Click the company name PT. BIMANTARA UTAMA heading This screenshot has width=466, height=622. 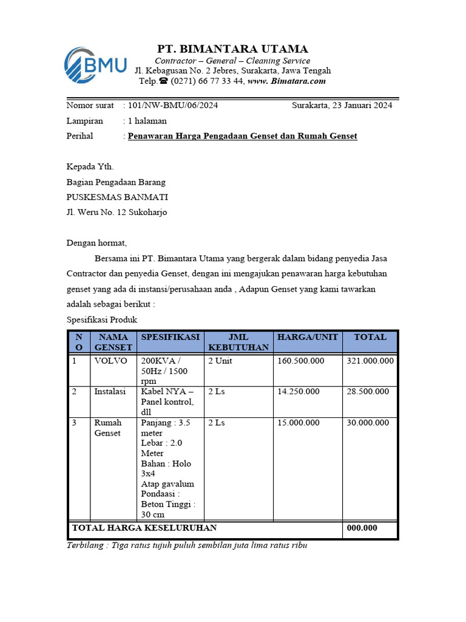pyautogui.click(x=232, y=49)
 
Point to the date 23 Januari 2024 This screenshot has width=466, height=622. pyautogui.click(x=361, y=105)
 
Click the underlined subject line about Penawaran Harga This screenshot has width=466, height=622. pyautogui.click(x=242, y=136)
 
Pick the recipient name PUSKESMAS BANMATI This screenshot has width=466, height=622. pyautogui.click(x=117, y=197)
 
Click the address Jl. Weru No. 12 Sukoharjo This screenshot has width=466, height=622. pyautogui.click(x=116, y=212)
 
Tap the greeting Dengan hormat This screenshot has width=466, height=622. pyautogui.click(x=96, y=243)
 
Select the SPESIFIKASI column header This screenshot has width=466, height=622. pyautogui.click(x=170, y=337)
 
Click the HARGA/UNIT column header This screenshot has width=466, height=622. pyautogui.click(x=308, y=337)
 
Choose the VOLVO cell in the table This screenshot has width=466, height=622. pyautogui.click(x=111, y=361)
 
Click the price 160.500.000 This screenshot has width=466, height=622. pyautogui.click(x=300, y=361)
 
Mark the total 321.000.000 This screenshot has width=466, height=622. pyautogui.click(x=370, y=361)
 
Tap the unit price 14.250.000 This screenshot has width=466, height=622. pyautogui.click(x=298, y=392)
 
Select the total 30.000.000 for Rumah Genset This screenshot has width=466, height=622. pyautogui.click(x=368, y=423)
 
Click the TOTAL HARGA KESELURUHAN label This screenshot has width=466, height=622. pyautogui.click(x=144, y=528)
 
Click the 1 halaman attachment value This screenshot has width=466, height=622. pyautogui.click(x=147, y=121)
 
